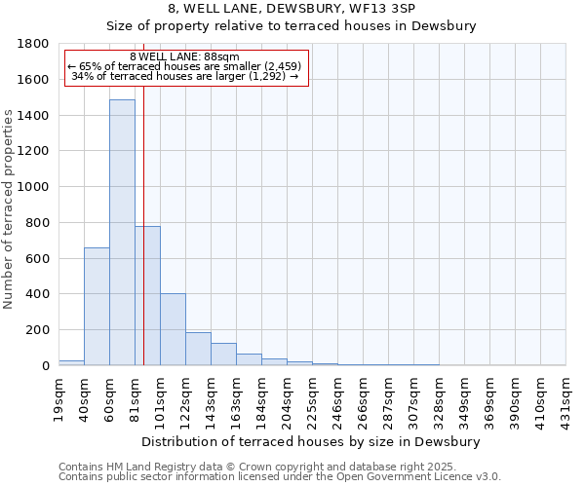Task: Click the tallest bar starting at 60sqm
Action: coord(122,234)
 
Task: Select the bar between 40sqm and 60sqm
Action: coord(97,307)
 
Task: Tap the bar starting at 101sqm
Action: coord(173,329)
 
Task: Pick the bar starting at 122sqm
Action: coord(198,349)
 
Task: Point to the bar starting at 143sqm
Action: coord(223,355)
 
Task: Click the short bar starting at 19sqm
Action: coord(71,362)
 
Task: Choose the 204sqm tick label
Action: coord(288,397)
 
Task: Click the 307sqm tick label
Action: coord(414,397)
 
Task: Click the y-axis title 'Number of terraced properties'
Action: coord(9,209)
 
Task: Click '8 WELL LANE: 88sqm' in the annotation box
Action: coord(184,57)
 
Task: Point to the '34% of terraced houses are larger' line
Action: coord(184,76)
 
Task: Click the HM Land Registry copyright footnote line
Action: coord(279,467)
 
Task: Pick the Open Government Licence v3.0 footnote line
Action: coord(279,476)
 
